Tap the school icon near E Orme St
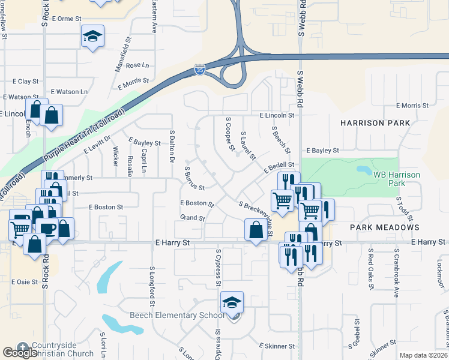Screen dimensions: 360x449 pos(93,37)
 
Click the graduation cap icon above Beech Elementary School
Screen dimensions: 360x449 pos(232,304)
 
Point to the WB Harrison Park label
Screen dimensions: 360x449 pos(397,178)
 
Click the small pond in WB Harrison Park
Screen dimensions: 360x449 pos(364,170)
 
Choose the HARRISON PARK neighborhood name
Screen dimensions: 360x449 pos(375,123)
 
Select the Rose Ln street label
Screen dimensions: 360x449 pos(137,65)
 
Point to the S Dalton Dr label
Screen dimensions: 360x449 pos(172,147)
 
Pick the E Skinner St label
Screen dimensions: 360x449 pos(277,346)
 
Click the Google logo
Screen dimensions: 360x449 pos(20,353)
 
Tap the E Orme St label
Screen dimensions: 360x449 pos(67,19)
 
